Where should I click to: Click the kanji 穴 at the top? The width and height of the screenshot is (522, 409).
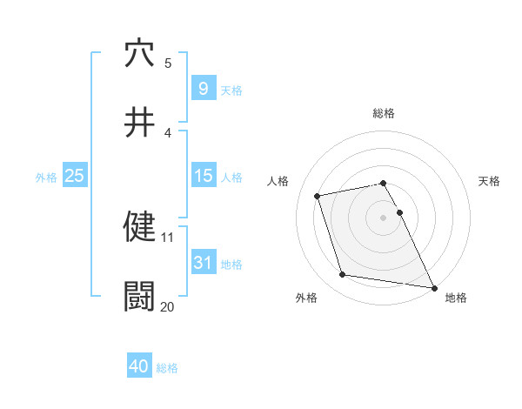tap(139, 53)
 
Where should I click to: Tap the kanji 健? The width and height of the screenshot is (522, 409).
tap(139, 226)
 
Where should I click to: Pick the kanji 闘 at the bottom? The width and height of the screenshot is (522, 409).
tap(139, 296)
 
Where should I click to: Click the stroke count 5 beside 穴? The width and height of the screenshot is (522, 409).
tap(168, 63)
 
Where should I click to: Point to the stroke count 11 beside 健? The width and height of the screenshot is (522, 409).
tap(168, 237)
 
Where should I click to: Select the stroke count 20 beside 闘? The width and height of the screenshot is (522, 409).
tap(168, 306)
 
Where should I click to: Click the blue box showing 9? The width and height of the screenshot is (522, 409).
tap(203, 88)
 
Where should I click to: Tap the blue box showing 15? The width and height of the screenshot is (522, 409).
tap(203, 176)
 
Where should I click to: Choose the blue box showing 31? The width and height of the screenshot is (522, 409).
tap(203, 263)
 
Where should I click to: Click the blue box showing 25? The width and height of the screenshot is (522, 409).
tap(75, 176)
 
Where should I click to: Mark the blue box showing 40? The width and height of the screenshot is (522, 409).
tap(139, 366)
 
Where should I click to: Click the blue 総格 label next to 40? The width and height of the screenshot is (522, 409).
tap(167, 368)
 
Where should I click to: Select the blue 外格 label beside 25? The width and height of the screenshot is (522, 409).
tap(46, 178)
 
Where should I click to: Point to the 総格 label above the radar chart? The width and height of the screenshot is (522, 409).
tap(384, 113)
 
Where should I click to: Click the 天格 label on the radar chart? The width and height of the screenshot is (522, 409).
tap(489, 181)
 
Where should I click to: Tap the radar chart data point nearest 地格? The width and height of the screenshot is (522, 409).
tap(432, 286)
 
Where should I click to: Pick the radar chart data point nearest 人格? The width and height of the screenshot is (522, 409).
tap(318, 195)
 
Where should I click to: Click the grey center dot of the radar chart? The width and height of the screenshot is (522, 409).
tap(384, 217)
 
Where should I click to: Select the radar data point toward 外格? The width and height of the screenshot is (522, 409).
tap(343, 275)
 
